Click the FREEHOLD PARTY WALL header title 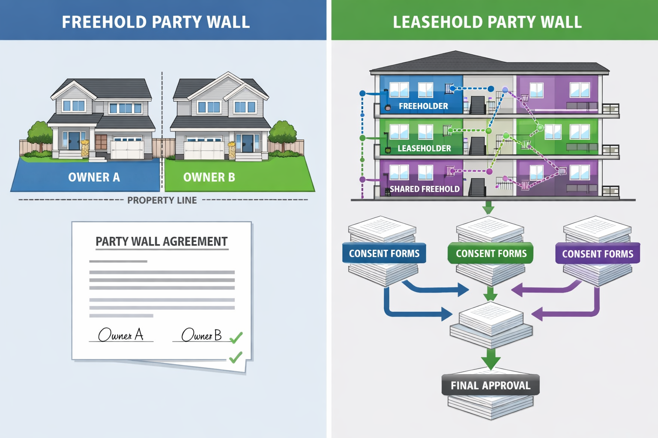coord(156,22)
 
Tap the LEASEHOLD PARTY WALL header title coord(487,22)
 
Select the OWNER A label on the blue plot coord(94,177)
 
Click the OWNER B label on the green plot coord(209,177)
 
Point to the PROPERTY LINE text coord(162,200)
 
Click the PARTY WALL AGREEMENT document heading coord(162,242)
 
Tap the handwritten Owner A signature coord(121,334)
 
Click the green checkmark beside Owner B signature coord(236,338)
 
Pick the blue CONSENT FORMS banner coord(384,254)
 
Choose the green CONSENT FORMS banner coord(491,254)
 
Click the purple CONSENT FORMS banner coord(598,254)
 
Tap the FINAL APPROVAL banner coord(491,385)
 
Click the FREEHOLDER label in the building coord(423,106)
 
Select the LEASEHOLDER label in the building coord(424,148)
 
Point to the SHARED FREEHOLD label coord(425,189)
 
